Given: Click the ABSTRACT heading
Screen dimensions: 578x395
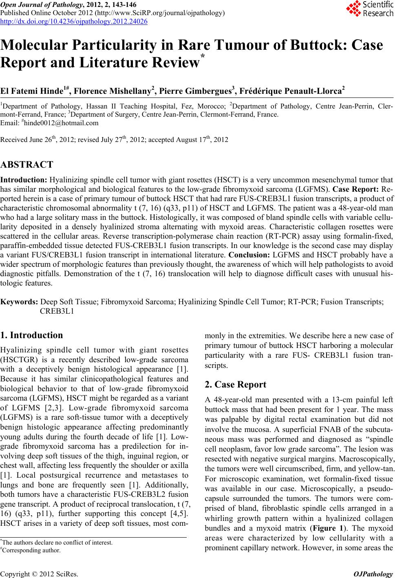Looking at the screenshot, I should (26, 165).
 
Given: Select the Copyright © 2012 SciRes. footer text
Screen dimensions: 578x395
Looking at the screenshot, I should (40, 574).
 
